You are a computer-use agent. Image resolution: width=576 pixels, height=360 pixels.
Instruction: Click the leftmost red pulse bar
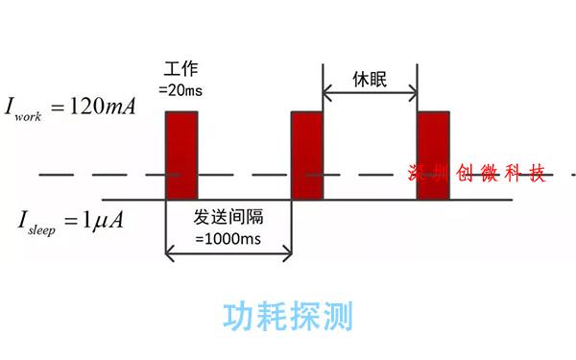tap(181, 156)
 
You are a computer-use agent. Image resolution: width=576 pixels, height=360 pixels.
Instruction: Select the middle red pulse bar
tap(307, 156)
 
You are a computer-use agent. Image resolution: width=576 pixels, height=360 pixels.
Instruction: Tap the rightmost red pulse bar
tap(433, 156)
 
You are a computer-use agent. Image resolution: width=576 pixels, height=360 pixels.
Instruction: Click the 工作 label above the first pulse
tap(181, 70)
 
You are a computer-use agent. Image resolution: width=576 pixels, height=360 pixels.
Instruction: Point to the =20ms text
tap(185, 89)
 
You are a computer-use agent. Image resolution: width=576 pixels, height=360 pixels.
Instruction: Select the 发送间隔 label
tap(228, 216)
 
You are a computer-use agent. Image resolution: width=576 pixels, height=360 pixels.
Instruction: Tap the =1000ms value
tap(228, 237)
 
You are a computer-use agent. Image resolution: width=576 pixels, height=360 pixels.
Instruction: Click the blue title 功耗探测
tap(288, 315)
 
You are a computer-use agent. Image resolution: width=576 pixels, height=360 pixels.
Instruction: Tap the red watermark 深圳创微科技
tap(477, 174)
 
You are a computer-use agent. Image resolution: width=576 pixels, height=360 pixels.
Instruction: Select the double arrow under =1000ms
tap(228, 253)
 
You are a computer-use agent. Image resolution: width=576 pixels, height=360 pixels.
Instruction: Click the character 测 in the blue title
tap(337, 315)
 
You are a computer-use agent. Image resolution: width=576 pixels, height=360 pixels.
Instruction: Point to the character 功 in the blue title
tap(239, 315)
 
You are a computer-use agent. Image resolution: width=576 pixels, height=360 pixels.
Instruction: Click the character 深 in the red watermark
tap(419, 174)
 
